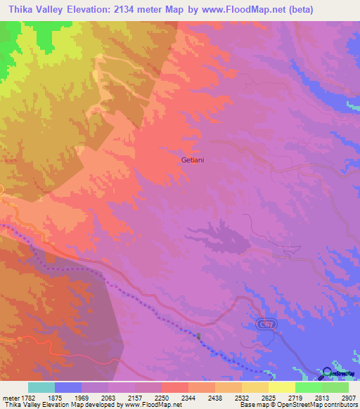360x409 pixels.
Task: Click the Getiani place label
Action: (193, 160)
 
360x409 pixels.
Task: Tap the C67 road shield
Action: (264, 323)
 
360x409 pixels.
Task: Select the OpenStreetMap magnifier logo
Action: (328, 374)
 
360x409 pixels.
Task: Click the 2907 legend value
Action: (348, 397)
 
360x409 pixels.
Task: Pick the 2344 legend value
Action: (188, 397)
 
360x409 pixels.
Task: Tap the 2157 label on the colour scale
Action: (135, 397)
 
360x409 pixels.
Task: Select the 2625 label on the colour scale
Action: (269, 397)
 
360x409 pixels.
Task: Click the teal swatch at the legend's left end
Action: (41, 387)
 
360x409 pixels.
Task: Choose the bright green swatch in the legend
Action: (309, 387)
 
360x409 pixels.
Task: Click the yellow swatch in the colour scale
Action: (282, 387)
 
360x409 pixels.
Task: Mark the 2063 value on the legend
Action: (108, 397)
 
